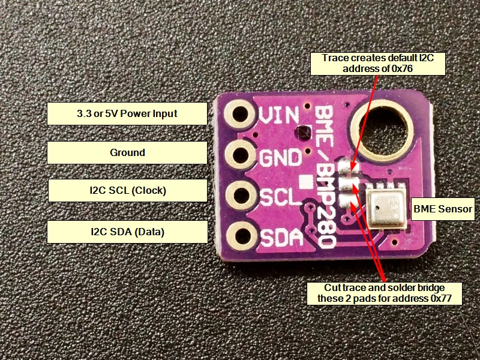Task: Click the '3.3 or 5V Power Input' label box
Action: [127, 113]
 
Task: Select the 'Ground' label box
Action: [127, 152]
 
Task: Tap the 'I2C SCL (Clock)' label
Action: [127, 191]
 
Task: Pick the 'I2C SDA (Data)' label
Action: [127, 231]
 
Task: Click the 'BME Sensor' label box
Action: [443, 210]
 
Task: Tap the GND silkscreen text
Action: [280, 157]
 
